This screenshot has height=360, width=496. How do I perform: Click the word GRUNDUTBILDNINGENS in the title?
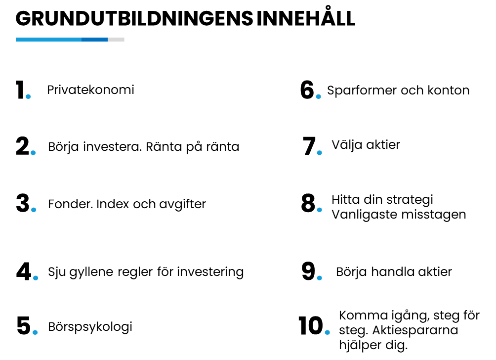134,18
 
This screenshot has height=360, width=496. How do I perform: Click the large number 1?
20,90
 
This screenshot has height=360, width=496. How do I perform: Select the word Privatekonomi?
90,90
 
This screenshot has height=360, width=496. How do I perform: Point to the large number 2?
22,146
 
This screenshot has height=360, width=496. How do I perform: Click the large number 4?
24,271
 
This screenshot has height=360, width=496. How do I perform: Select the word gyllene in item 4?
91,272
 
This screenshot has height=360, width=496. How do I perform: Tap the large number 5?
24,325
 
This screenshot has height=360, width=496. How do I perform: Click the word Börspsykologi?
90,327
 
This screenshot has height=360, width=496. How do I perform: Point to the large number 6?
307,90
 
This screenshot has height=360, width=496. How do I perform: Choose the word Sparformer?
362,90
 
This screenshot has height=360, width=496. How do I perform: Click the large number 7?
309,146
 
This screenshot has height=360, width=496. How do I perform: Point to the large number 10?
311,325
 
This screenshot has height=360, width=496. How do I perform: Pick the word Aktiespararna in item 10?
415,330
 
